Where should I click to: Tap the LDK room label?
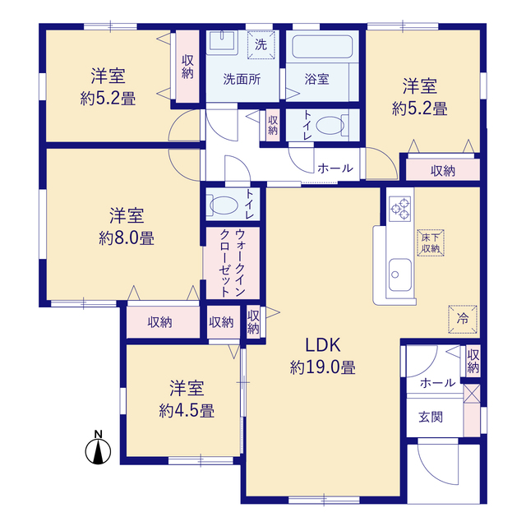coord(323,345)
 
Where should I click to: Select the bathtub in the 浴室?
coord(322,47)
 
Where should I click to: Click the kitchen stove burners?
coord(400,209)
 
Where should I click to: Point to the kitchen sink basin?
coord(400,275)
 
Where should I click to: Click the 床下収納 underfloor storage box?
coord(431,243)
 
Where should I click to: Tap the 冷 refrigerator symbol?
coord(463,319)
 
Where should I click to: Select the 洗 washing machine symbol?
coord(261,44)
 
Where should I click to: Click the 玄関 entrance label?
coord(431,418)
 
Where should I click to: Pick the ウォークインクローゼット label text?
coord(232,263)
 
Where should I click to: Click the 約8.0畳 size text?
coord(127,239)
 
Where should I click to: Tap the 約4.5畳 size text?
coord(187,411)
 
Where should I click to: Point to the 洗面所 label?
coord(242,79)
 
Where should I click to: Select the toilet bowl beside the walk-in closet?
coord(222,205)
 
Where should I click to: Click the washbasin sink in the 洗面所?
coord(221,42)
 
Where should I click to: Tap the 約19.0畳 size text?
coord(323,367)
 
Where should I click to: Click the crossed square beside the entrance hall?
coord(472,394)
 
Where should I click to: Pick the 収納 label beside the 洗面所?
coord(187,67)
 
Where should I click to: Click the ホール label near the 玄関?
coord(437,382)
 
